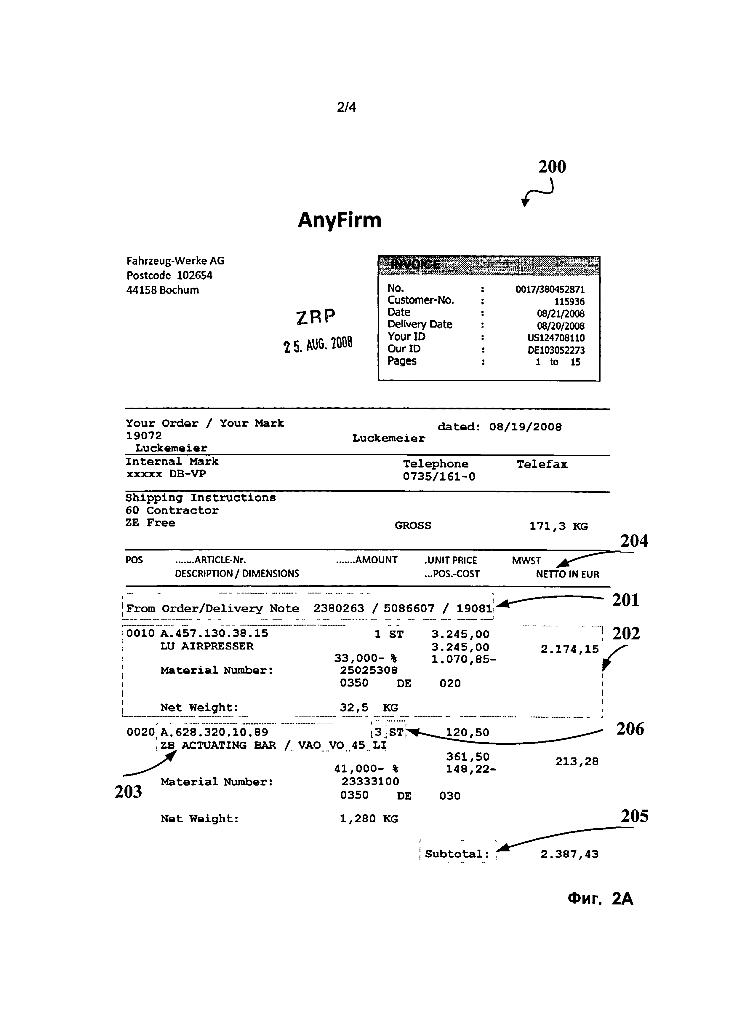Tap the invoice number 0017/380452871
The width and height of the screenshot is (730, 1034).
(550, 289)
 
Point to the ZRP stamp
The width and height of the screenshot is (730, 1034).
(316, 317)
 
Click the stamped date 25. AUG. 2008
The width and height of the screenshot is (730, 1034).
(318, 344)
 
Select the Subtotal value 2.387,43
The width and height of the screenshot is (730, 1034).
(569, 854)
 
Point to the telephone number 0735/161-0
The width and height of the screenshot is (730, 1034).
(439, 476)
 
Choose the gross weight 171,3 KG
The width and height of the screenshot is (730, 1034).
(558, 526)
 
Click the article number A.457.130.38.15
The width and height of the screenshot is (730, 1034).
(214, 633)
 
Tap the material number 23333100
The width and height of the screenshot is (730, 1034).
(370, 781)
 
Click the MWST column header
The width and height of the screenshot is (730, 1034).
(526, 560)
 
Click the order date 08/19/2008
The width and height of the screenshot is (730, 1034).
(525, 427)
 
